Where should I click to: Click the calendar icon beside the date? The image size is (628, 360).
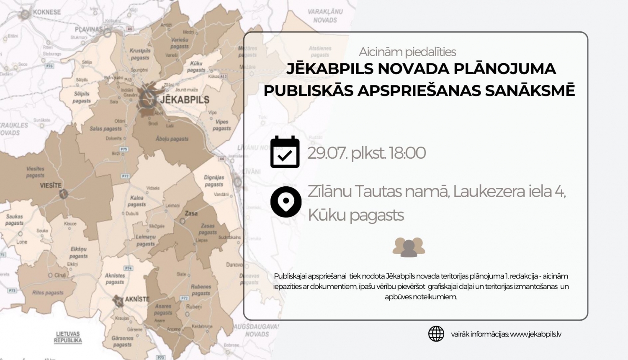(285, 152)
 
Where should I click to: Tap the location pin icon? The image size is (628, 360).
(286, 202)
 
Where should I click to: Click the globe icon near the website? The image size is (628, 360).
(436, 334)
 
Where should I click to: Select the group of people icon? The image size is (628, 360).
(409, 247)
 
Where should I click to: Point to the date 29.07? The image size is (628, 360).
(327, 153)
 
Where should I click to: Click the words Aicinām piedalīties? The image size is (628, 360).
(407, 52)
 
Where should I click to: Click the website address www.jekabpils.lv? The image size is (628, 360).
(535, 334)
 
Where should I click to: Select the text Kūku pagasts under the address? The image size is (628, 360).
(356, 215)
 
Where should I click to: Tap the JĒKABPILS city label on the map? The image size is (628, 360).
(185, 100)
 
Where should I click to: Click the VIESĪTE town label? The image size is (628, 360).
(51, 185)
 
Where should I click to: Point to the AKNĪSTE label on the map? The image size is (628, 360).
(137, 299)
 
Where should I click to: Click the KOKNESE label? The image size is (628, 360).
(46, 12)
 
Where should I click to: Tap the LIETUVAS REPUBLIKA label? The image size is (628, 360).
(68, 337)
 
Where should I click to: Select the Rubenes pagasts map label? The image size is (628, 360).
(201, 290)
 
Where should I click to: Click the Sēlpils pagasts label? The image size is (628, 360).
(82, 97)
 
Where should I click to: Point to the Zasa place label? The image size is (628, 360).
(191, 213)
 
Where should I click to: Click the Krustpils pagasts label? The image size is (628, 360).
(140, 54)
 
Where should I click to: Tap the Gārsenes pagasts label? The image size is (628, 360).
(122, 341)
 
